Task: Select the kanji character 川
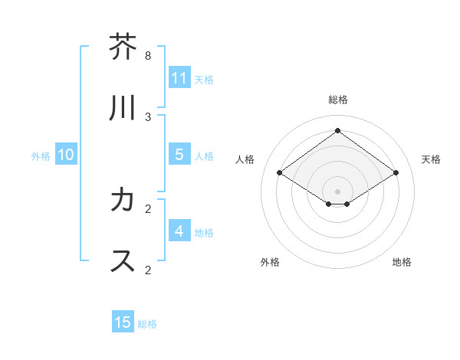click(x=123, y=109)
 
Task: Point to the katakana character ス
click(x=123, y=260)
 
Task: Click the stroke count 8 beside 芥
click(x=148, y=56)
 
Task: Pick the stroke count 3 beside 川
click(x=148, y=116)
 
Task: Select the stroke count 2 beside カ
click(x=148, y=208)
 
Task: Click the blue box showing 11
click(x=179, y=78)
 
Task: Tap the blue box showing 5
click(x=179, y=155)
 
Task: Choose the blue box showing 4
click(x=179, y=231)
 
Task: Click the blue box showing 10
click(x=66, y=155)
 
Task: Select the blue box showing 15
click(x=123, y=322)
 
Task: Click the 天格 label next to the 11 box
click(x=204, y=79)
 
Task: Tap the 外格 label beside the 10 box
click(x=41, y=155)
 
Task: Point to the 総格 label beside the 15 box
click(x=147, y=323)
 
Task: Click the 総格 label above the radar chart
click(x=338, y=100)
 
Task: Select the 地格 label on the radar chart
click(x=402, y=262)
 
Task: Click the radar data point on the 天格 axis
click(x=396, y=173)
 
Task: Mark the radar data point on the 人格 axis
click(x=280, y=173)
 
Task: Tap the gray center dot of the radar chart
click(x=338, y=191)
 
